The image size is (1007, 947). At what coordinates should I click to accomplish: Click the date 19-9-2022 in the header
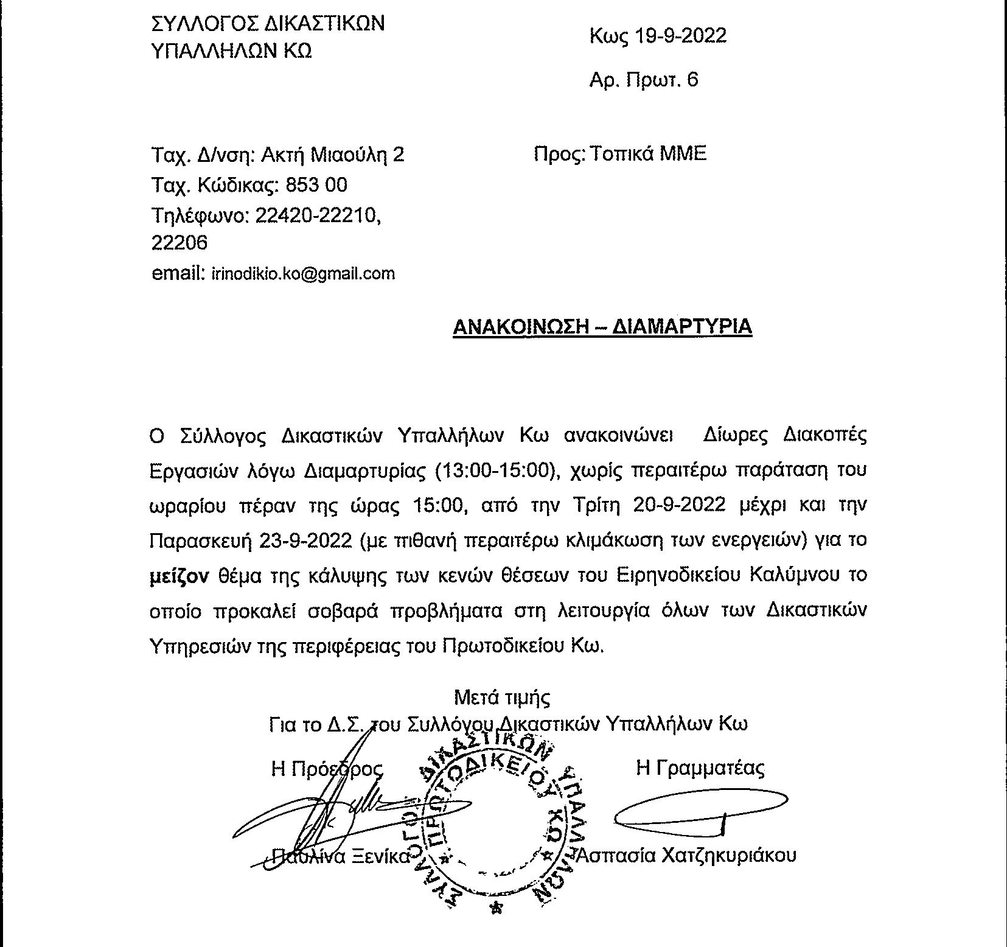[681, 37]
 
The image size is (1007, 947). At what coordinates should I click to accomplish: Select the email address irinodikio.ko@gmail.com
[303, 274]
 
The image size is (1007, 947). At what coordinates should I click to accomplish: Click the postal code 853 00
[316, 184]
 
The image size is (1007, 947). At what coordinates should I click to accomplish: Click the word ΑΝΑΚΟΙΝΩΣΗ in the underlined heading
[520, 327]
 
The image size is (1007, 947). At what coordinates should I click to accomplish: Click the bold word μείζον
[179, 575]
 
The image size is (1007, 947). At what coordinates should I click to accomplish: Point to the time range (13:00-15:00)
[497, 471]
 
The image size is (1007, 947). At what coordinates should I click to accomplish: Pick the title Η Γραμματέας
[700, 768]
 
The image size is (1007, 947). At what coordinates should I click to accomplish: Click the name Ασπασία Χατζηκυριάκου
[687, 855]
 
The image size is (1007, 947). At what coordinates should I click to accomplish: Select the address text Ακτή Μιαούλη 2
[332, 155]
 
